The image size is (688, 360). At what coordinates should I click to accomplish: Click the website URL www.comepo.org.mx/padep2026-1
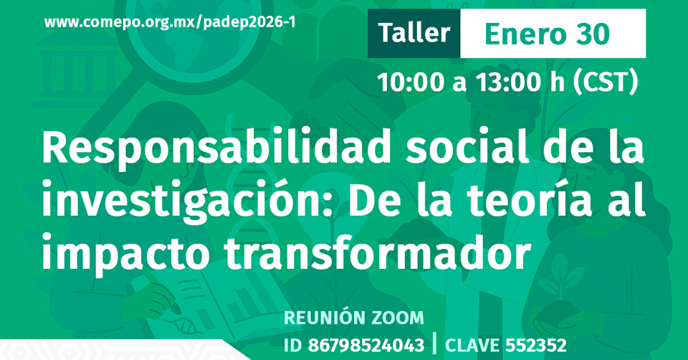point(170,22)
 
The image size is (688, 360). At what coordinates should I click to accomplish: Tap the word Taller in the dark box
point(414,33)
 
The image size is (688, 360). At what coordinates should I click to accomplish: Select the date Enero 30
point(548,34)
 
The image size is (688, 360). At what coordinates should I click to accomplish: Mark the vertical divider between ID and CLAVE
point(434,344)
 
